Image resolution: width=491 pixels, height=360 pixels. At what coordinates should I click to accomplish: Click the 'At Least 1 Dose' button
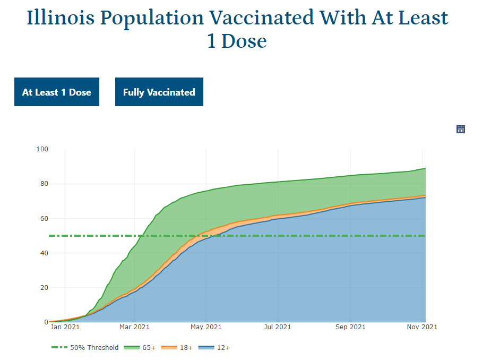point(57,92)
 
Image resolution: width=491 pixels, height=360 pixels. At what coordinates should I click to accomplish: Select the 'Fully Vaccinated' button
point(159,92)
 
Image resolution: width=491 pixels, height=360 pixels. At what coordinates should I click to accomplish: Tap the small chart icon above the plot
point(461,129)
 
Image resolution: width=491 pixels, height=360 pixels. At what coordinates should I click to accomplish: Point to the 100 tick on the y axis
point(42,149)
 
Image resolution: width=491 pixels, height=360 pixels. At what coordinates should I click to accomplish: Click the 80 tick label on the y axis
point(42,184)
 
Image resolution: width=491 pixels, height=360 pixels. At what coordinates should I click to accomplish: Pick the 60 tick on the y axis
point(42,218)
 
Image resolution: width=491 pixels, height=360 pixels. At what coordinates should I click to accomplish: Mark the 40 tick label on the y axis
point(42,253)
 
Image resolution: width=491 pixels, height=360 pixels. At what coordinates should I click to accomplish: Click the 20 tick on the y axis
point(42,287)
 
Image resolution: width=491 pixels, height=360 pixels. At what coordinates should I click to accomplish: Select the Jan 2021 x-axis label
point(65,327)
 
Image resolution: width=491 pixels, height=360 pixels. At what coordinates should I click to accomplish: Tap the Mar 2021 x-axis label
point(134,327)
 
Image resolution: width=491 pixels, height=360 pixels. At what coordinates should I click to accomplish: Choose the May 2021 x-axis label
point(206,327)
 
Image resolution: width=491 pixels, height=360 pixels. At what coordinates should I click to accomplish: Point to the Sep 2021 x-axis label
point(350,327)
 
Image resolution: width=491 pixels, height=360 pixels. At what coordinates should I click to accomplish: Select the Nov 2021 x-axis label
point(423,327)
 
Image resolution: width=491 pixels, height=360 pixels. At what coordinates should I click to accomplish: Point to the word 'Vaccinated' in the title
point(262,18)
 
